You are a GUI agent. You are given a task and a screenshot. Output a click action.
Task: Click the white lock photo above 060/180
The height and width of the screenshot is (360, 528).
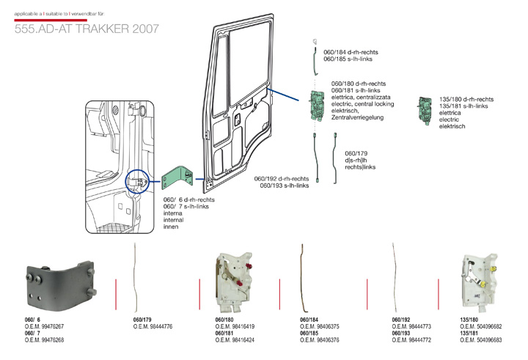[x=235, y=281]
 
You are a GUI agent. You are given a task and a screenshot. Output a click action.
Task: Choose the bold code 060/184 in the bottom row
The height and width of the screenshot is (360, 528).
[x=311, y=320]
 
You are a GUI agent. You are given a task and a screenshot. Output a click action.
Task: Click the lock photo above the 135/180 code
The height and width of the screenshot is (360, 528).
[x=477, y=280]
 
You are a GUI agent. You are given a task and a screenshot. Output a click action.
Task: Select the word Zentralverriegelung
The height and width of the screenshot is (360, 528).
[x=359, y=117]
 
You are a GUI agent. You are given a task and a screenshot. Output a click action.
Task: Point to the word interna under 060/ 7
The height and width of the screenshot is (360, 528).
[x=173, y=214]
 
